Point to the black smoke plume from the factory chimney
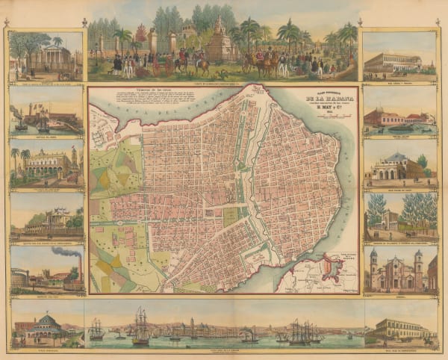pyautogui.click(x=63, y=253)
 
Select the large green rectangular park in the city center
pyautogui.click(x=231, y=217)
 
